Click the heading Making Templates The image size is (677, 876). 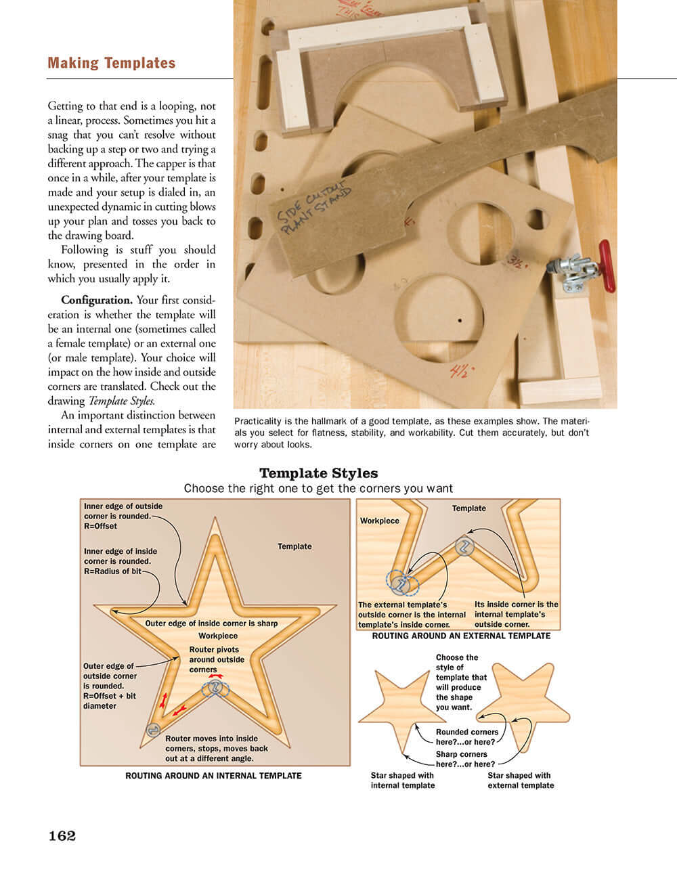pos(111,63)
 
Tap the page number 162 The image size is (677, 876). pos(62,835)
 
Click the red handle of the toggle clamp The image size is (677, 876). pos(606,265)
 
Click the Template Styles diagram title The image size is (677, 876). pos(318,473)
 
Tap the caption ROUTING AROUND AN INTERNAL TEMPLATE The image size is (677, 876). pos(213,776)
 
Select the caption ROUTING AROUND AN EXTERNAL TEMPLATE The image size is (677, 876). pos(461,636)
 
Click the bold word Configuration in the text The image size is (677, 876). pos(96,300)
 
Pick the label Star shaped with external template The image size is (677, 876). pos(521,781)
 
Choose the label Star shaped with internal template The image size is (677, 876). pos(403,781)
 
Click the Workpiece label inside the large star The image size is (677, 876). pos(218,636)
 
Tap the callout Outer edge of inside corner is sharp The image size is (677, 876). pos(211,623)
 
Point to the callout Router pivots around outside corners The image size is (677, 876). pos(217,659)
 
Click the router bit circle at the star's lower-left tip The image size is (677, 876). pos(153,730)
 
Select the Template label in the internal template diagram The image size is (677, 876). pos(294,546)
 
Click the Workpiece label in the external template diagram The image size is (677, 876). pos(379,521)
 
